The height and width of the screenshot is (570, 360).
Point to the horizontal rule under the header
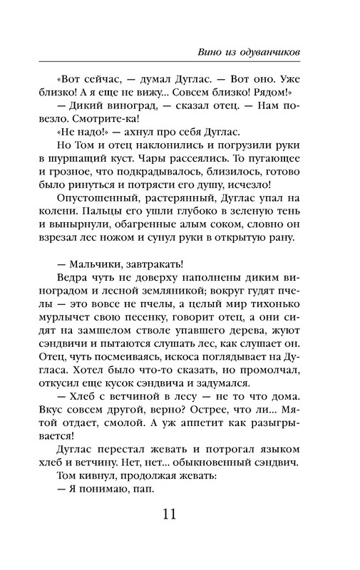click(x=180, y=61)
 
